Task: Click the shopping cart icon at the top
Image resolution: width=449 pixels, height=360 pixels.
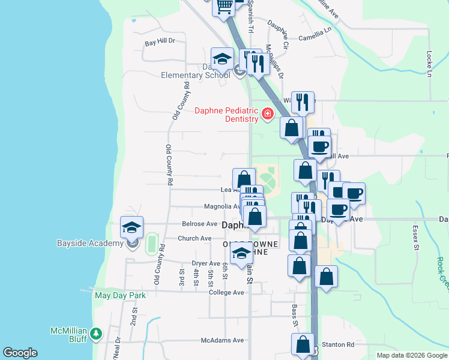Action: pyautogui.click(x=224, y=6)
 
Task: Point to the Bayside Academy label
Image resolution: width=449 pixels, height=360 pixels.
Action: pyautogui.click(x=90, y=244)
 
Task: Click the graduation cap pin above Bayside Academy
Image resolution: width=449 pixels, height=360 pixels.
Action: pyautogui.click(x=131, y=227)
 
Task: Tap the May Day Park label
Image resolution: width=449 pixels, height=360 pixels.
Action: pyautogui.click(x=120, y=295)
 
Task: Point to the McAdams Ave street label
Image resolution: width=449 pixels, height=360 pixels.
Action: pyautogui.click(x=222, y=340)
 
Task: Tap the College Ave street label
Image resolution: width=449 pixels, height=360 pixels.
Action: pyautogui.click(x=226, y=292)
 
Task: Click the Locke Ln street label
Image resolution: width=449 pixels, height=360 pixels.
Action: pyautogui.click(x=429, y=63)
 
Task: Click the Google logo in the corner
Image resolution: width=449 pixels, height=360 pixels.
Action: pyautogui.click(x=20, y=353)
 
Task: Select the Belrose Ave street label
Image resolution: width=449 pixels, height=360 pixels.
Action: pyautogui.click(x=200, y=224)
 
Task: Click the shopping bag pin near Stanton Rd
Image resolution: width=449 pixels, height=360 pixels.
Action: pyautogui.click(x=303, y=345)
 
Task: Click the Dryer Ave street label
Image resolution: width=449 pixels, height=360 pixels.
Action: pyautogui.click(x=206, y=263)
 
